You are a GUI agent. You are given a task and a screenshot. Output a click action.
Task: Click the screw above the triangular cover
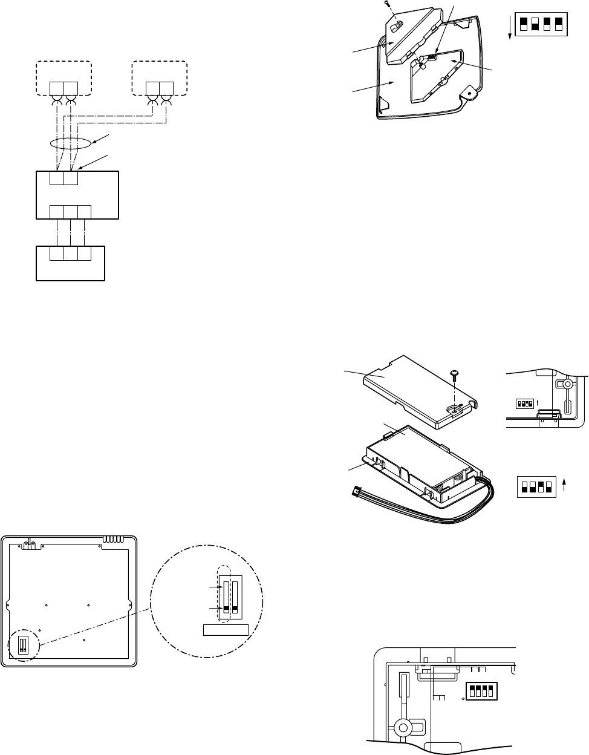coord(386,4)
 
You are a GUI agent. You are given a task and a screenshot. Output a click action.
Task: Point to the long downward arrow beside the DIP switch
coord(510,27)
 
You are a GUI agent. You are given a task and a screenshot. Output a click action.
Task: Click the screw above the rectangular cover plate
coord(455,377)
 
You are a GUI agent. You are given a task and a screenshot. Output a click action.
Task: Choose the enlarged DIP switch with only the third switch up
coord(536,486)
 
